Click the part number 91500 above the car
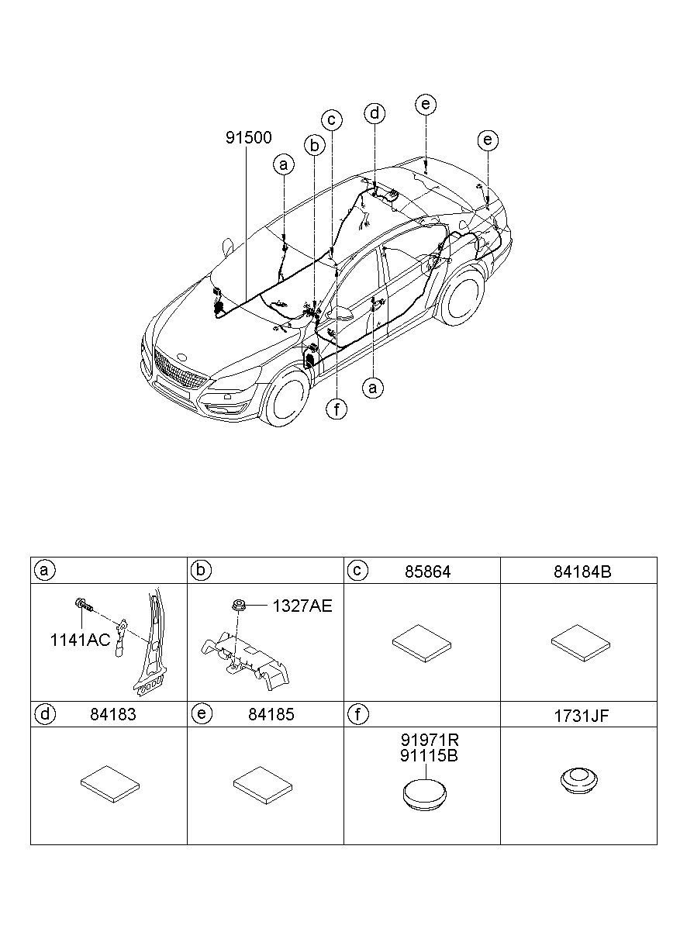pos(249,137)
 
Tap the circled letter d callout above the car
pos(375,113)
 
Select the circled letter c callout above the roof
pos(332,120)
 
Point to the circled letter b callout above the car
pos(314,146)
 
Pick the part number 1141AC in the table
pos(80,640)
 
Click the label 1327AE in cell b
pos(302,606)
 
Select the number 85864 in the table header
pos(427,571)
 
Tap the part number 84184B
pos(582,571)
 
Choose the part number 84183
pos(113,715)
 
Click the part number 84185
pos(271,715)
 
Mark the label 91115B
pos(429,755)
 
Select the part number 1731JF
pos(582,716)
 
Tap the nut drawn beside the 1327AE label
pos(239,606)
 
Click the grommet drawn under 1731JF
pos(579,781)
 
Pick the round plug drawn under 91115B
pos(425,793)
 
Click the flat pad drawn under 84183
pos(110,784)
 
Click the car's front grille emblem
pos(182,357)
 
